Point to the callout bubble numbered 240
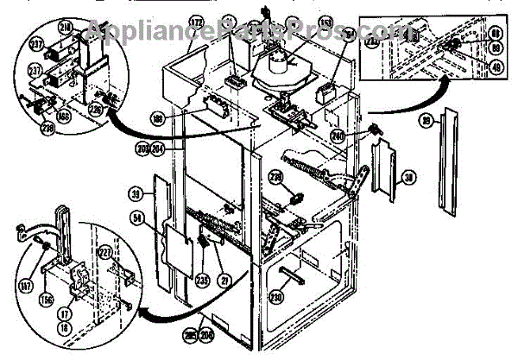tap(361, 135)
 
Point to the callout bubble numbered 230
tap(277, 297)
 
